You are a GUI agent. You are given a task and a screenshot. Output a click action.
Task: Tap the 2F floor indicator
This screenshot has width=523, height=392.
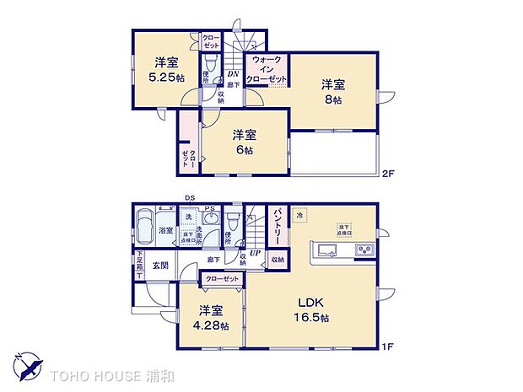387,174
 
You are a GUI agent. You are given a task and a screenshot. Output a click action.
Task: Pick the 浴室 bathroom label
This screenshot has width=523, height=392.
165,230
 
